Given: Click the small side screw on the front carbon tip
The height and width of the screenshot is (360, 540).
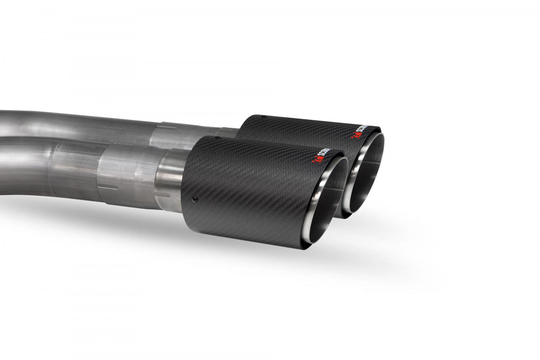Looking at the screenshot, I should (194, 199).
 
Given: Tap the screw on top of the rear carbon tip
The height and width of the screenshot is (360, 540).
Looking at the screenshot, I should (264, 116).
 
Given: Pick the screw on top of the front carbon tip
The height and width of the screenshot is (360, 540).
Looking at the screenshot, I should (218, 137).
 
